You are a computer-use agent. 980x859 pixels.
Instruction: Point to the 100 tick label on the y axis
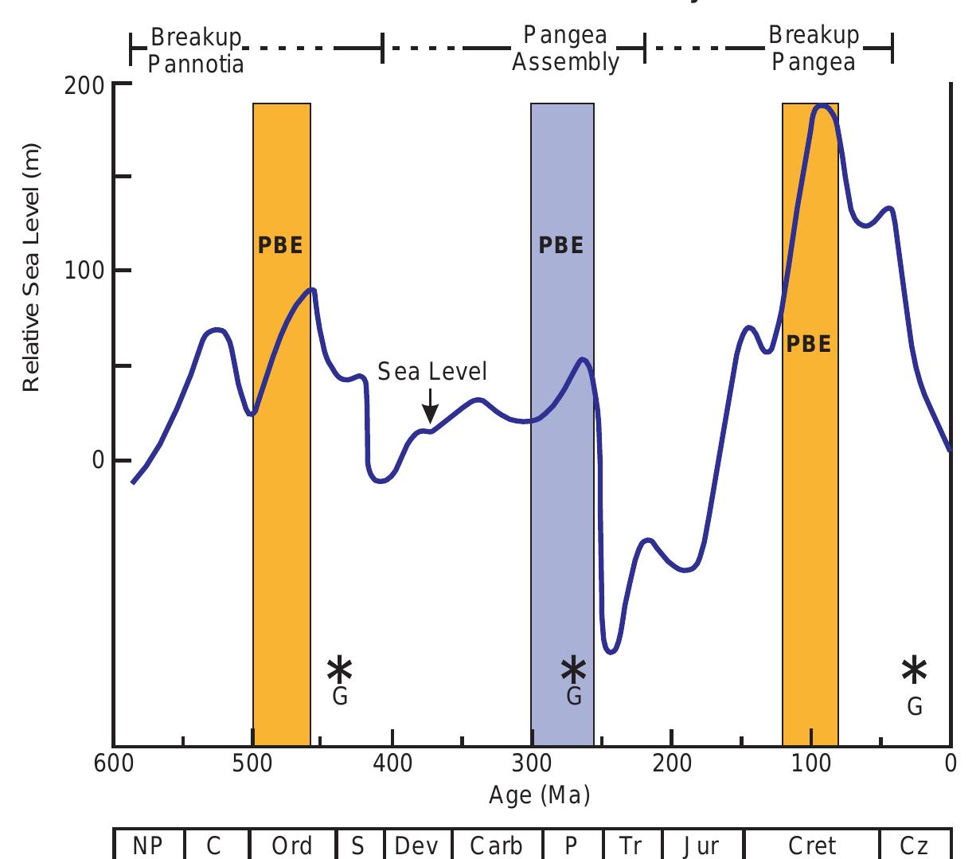(84, 271)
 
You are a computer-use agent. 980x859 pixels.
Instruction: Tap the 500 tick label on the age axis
(252, 763)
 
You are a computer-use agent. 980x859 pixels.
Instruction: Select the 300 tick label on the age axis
(532, 763)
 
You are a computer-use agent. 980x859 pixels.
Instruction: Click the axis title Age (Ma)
(540, 795)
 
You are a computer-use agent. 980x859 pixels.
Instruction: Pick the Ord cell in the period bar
(292, 845)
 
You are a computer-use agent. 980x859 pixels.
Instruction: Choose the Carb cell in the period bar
(497, 845)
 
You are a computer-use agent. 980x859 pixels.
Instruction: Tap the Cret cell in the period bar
(812, 845)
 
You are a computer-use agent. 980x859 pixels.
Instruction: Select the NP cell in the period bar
(149, 845)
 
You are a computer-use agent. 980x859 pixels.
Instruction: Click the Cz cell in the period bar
(915, 845)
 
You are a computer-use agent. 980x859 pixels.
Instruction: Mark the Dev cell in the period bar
(418, 845)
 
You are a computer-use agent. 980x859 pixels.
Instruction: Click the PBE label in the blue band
(561, 245)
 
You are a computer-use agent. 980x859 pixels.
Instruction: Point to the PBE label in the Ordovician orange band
(281, 245)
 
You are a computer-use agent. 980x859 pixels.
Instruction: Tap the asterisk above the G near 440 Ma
(339, 670)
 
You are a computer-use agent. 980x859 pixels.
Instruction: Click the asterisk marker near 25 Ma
(914, 670)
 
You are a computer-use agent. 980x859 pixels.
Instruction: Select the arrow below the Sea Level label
(430, 406)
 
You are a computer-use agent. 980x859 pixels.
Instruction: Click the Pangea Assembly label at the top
(565, 49)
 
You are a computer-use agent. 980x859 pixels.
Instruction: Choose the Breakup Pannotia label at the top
(196, 50)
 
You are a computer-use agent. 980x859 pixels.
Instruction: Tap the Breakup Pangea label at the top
(814, 49)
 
